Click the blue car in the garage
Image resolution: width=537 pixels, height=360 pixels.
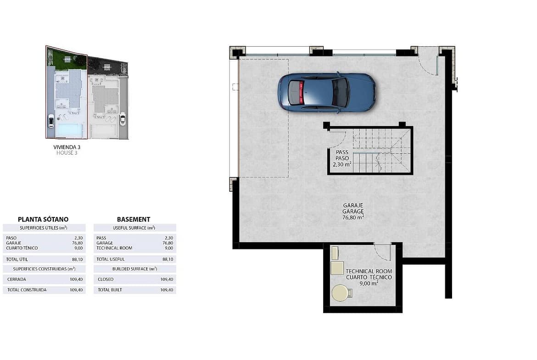click(327, 92)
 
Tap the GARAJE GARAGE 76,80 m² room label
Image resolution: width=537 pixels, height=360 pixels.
click(353, 211)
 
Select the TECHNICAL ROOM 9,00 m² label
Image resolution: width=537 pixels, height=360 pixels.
click(369, 277)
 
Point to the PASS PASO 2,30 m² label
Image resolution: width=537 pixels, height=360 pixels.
click(342, 158)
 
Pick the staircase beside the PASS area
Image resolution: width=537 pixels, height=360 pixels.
click(382, 150)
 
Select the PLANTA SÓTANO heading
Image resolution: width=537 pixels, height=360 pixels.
click(43, 219)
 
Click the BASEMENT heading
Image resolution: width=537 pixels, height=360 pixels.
click(134, 219)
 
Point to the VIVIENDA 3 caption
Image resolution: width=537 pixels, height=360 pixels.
click(67, 147)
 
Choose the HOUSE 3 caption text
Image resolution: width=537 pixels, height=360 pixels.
click(67, 153)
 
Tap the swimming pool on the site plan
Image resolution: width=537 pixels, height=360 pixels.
click(69, 130)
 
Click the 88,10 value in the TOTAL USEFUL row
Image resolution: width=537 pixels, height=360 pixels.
click(168, 260)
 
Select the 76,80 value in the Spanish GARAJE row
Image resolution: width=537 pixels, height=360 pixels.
click(78, 243)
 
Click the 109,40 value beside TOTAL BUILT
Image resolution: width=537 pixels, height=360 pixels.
click(167, 290)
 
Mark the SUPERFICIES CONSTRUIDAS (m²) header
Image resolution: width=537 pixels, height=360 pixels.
click(44, 269)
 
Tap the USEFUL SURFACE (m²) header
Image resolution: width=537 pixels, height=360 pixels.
click(134, 228)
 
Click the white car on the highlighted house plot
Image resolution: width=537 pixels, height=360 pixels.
click(50, 121)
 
